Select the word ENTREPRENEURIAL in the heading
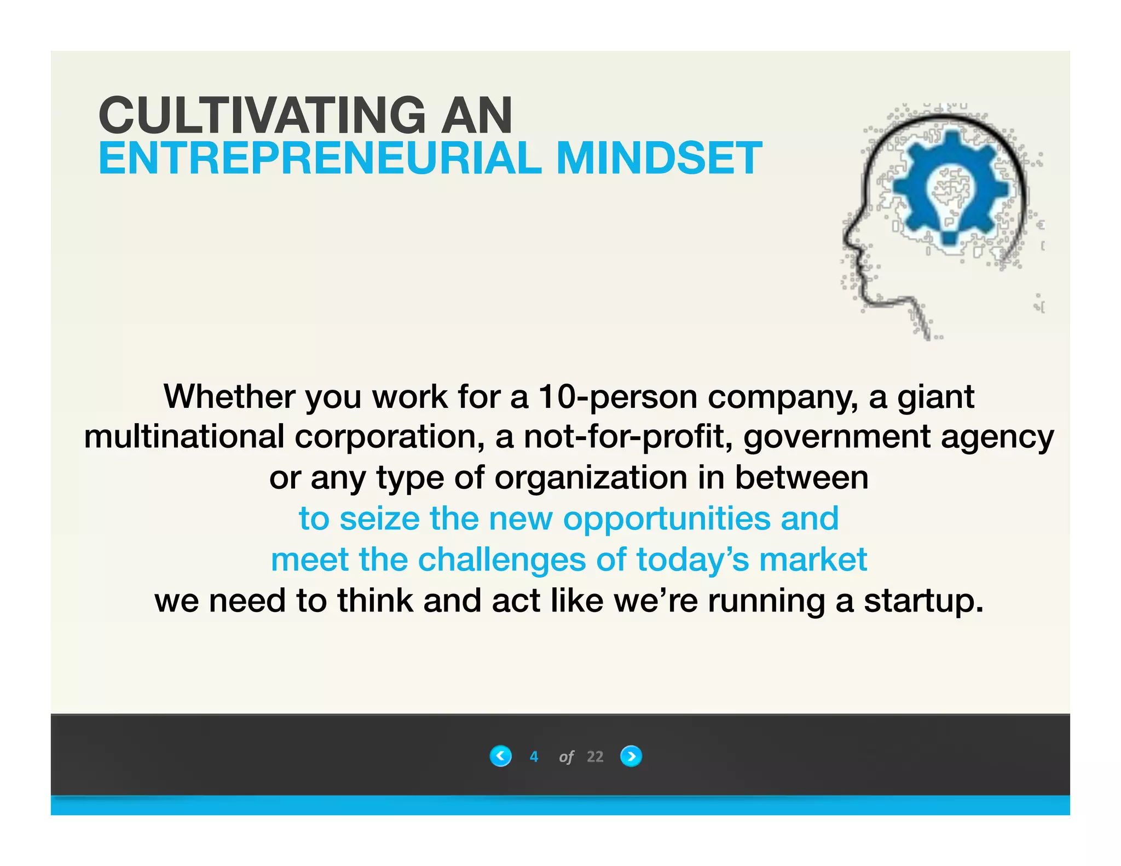(x=320, y=159)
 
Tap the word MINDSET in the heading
(x=658, y=159)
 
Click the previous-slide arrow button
(x=500, y=756)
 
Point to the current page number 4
(x=534, y=757)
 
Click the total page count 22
(x=595, y=757)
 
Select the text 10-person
(x=617, y=396)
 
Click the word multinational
(x=184, y=437)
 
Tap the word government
(x=837, y=438)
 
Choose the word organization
(x=591, y=478)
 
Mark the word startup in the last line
(x=923, y=601)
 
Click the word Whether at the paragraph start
(x=229, y=396)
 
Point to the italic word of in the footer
(x=566, y=757)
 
